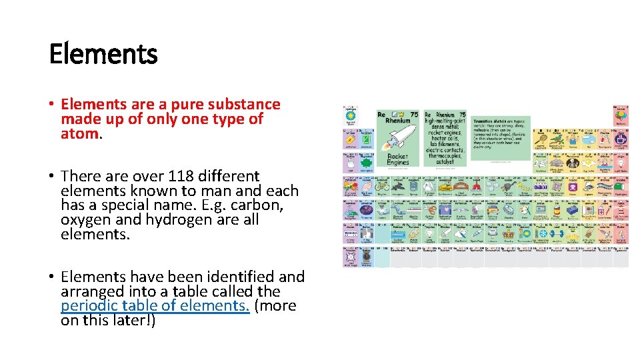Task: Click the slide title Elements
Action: [x=103, y=54]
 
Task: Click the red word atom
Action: [x=79, y=134]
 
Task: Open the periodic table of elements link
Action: [x=155, y=306]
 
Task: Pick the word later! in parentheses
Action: [x=133, y=321]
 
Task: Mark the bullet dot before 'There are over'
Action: [x=52, y=177]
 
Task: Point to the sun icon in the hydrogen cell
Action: [x=349, y=117]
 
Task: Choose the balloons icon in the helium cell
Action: [x=621, y=117]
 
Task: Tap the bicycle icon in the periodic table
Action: [x=383, y=188]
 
